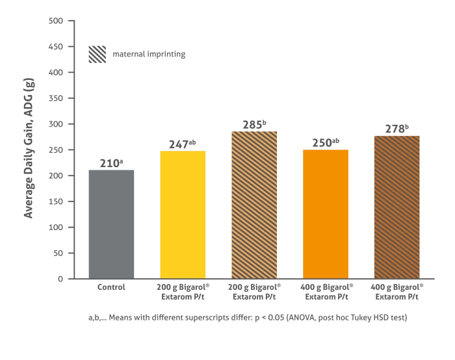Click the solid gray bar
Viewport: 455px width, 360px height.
[x=112, y=222]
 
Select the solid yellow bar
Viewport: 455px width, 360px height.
[x=183, y=214]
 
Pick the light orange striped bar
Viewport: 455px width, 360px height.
[x=254, y=204]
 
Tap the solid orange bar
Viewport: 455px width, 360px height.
[x=326, y=213]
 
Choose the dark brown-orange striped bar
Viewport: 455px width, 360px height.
[x=396, y=207]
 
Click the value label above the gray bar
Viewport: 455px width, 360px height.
[x=112, y=162]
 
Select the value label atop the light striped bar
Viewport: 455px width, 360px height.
[x=254, y=125]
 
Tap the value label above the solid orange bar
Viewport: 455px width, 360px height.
[x=327, y=141]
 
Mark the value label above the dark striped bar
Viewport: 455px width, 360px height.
[x=397, y=127]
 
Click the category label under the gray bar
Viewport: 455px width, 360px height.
[x=112, y=285]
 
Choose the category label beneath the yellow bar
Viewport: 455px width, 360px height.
[x=184, y=290]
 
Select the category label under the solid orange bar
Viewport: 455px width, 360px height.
[x=326, y=290]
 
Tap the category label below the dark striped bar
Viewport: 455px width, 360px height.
[x=397, y=290]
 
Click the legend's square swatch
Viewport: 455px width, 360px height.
[x=98, y=54]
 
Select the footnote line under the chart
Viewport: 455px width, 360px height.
[x=250, y=317]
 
